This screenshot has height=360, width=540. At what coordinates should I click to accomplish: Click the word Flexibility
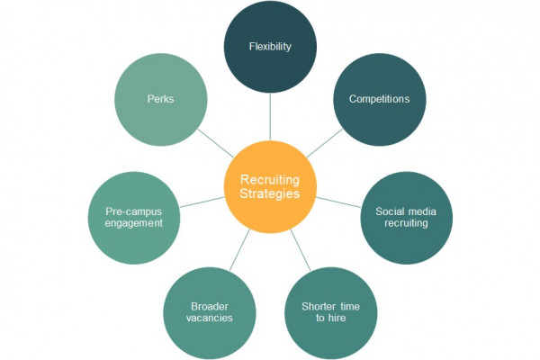coord(270,47)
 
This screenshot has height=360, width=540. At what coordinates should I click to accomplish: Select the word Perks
coord(160,99)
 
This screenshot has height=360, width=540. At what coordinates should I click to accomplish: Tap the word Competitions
coord(379,99)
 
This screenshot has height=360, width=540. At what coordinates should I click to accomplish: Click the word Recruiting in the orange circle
coord(270,180)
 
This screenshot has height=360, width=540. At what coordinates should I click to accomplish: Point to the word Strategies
coord(270,193)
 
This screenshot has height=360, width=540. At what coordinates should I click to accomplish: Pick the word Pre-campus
coord(133,211)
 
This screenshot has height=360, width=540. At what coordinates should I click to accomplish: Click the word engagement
coord(133,223)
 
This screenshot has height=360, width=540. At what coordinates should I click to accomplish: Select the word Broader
coord(210,306)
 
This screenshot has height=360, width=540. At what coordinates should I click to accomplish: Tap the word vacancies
coord(210,318)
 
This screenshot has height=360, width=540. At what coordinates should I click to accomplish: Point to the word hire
coord(337,318)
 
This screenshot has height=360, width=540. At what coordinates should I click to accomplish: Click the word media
coord(422,211)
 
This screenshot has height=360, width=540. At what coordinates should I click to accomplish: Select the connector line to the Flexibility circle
coord(270,116)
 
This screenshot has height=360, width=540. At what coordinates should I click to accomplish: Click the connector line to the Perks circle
coord(216,143)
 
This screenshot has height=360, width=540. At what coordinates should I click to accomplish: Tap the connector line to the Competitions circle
coord(324,143)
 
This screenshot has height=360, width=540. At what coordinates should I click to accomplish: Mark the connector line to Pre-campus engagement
coord(202,202)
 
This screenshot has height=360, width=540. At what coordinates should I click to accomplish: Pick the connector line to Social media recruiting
coord(338,202)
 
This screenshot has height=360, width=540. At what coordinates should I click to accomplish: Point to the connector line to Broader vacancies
coord(239,250)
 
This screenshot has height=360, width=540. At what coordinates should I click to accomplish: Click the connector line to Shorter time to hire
coord(301,250)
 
